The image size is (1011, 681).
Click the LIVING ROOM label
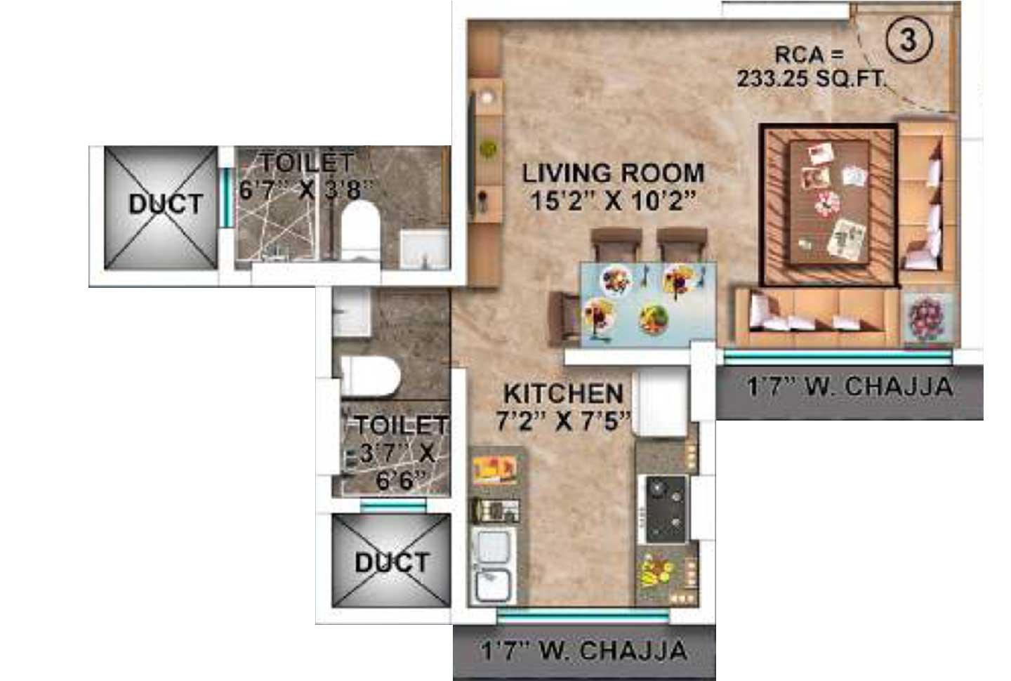(x=613, y=173)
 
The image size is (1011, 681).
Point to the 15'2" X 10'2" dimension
(x=613, y=201)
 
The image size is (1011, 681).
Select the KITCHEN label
(x=564, y=393)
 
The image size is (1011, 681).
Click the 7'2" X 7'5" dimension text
(x=564, y=421)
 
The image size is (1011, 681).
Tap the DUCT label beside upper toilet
(x=166, y=204)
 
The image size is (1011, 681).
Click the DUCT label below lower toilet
(x=392, y=562)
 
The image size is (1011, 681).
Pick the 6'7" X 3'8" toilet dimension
(x=306, y=190)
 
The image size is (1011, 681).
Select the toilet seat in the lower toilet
(x=370, y=375)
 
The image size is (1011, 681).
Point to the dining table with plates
(x=647, y=304)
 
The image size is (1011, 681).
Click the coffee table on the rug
(x=828, y=203)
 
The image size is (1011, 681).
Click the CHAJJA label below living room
(x=850, y=387)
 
